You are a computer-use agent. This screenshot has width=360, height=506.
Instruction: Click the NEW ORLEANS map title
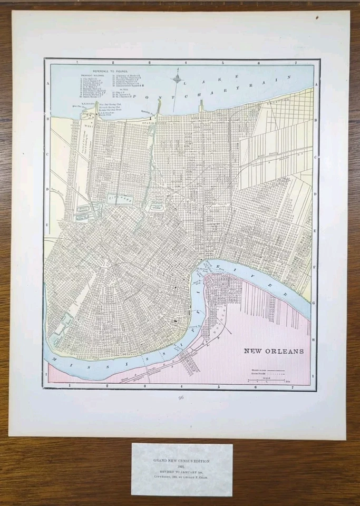tap(273, 351)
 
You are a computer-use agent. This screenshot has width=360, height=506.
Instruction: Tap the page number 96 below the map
tap(181, 397)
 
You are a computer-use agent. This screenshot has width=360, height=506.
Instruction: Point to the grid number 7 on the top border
tap(296, 62)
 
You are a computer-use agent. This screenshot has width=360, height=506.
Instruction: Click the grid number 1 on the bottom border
tap(70, 386)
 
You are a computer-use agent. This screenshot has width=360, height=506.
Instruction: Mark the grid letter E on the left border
tap(47, 225)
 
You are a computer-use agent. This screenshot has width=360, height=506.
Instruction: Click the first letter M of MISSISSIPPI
tap(55, 356)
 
